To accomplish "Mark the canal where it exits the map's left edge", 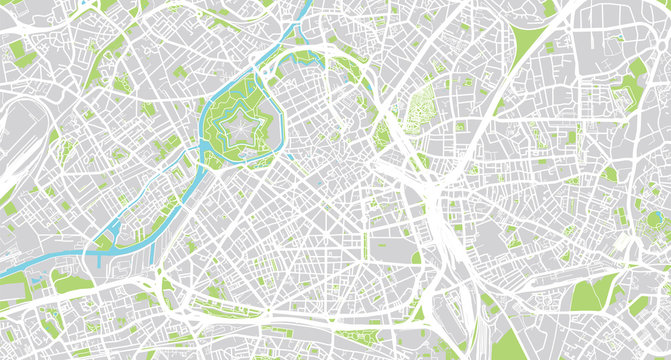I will [x=4, y=271].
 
